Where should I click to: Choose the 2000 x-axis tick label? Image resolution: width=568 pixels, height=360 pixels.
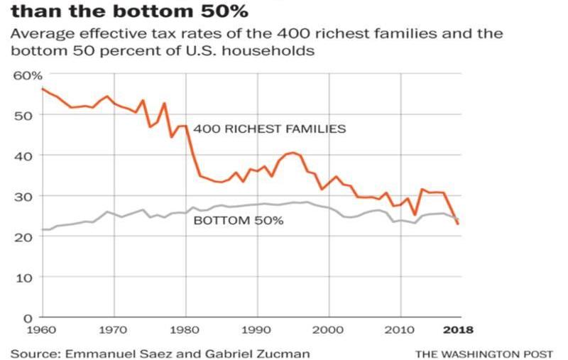click(x=329, y=329)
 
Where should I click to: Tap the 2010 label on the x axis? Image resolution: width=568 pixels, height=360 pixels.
click(x=400, y=329)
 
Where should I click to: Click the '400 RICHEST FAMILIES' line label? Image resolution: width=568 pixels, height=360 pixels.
click(x=269, y=129)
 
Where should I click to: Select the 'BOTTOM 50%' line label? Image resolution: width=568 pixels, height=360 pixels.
click(x=239, y=221)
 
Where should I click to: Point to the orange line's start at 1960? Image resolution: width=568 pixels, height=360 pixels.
click(x=43, y=89)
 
